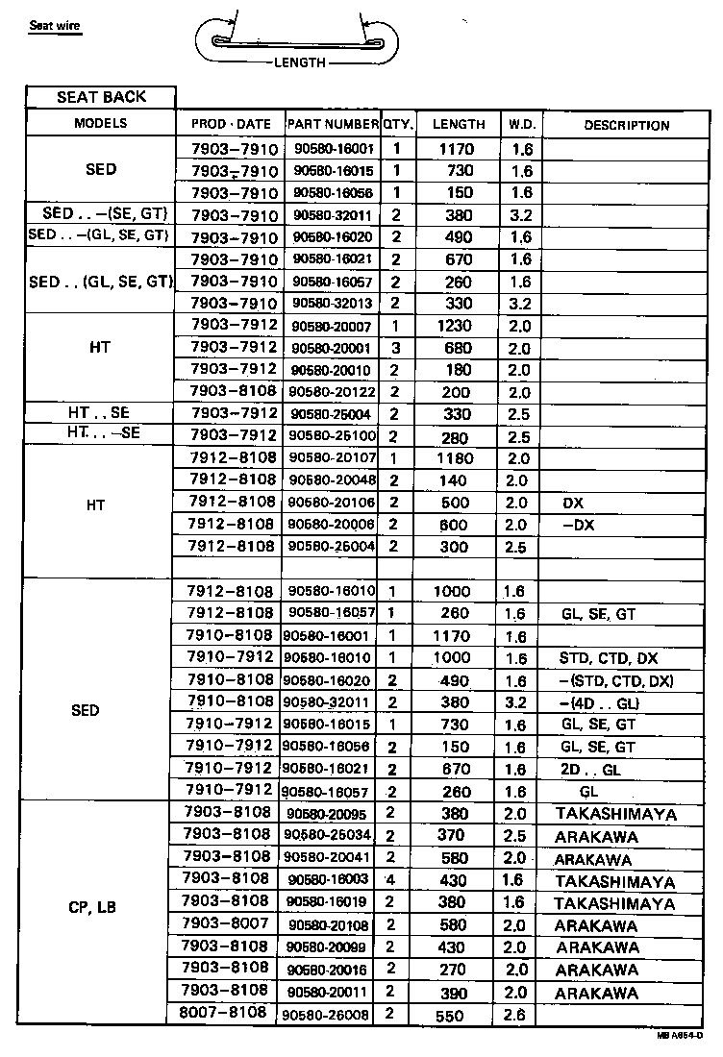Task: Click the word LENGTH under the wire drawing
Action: [299, 62]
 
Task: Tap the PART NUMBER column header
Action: [333, 124]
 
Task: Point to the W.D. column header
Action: [521, 124]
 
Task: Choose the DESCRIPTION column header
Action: [626, 125]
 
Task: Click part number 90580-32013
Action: [333, 304]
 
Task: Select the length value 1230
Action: [454, 326]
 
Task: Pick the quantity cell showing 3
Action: [395, 348]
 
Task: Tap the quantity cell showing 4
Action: [390, 880]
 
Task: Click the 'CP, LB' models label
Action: [92, 906]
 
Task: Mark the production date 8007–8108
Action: [226, 1013]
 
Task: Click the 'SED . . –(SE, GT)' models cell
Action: [99, 213]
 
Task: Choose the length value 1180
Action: [454, 458]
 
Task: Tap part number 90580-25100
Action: [333, 436]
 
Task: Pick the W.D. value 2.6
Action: [516, 1015]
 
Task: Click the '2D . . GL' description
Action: [590, 770]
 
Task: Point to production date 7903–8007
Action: [226, 924]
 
